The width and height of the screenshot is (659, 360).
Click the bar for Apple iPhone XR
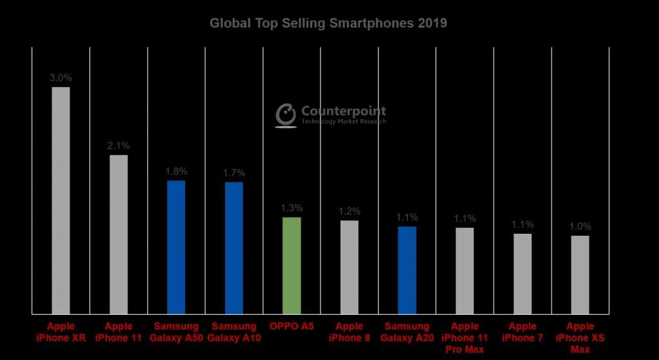60,200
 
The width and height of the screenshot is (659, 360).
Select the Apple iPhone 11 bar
118,234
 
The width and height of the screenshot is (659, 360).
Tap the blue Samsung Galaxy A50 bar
176,247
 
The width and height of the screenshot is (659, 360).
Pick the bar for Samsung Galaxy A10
234,248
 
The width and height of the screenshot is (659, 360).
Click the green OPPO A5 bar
292,265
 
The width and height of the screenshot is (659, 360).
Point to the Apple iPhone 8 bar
349,267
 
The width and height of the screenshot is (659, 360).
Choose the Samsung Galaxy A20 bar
407,270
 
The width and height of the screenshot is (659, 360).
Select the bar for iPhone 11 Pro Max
465,270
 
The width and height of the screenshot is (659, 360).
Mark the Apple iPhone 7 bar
523,274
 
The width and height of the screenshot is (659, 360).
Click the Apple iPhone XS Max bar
580,274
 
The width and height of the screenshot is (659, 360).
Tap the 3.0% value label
60,78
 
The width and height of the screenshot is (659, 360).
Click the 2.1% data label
118,146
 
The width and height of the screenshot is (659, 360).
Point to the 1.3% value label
292,208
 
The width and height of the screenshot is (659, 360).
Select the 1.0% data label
580,227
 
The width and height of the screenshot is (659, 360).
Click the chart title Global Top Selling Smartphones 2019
328,24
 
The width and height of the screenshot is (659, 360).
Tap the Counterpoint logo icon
286,115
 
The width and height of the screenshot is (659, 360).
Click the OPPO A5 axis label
292,327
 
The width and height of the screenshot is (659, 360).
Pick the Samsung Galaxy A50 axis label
176,332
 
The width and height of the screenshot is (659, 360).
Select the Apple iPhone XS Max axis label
580,337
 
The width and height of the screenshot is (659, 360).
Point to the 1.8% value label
176,171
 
